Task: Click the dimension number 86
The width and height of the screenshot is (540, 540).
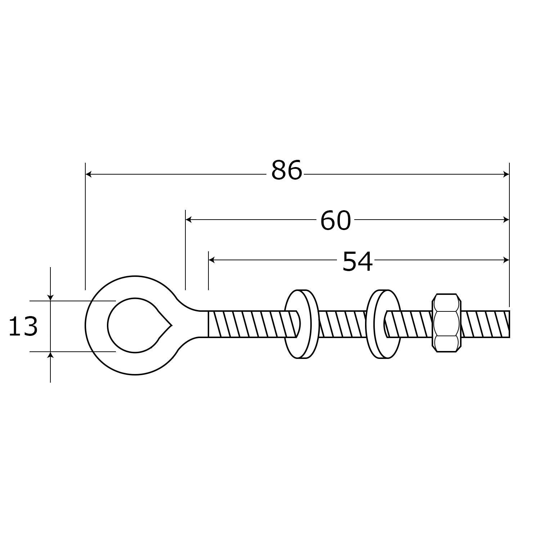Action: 287,171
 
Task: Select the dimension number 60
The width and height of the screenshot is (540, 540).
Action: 336,221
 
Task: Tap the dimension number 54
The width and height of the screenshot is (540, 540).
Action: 357,262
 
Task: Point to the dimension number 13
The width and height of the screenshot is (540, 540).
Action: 23,327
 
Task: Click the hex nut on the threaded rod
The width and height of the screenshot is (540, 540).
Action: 446,323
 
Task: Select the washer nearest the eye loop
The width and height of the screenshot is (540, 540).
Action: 302,324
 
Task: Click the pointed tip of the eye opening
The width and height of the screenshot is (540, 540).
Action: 172,325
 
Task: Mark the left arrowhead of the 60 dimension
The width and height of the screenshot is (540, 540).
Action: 189,219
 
